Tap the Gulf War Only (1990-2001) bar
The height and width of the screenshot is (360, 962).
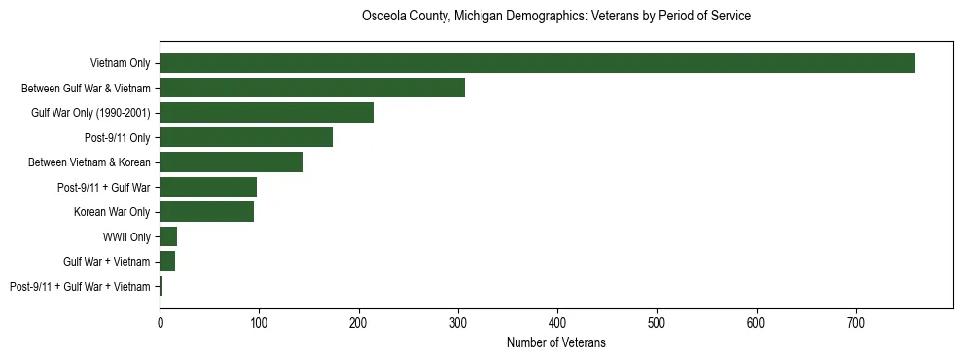267,113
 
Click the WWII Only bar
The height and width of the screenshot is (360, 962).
168,236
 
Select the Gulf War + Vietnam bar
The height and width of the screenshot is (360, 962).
167,262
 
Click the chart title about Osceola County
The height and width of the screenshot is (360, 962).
555,17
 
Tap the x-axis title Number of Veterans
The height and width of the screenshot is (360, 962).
555,342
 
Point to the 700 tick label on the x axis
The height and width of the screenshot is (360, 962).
856,322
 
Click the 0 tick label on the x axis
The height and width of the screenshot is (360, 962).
160,322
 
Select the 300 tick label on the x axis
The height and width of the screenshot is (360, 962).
458,322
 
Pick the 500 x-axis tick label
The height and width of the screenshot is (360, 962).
657,322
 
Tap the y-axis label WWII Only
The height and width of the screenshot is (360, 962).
126,236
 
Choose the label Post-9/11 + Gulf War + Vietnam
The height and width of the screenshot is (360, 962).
80,287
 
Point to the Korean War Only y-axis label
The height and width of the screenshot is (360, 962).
112,212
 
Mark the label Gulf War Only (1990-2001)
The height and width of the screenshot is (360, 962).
90,113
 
